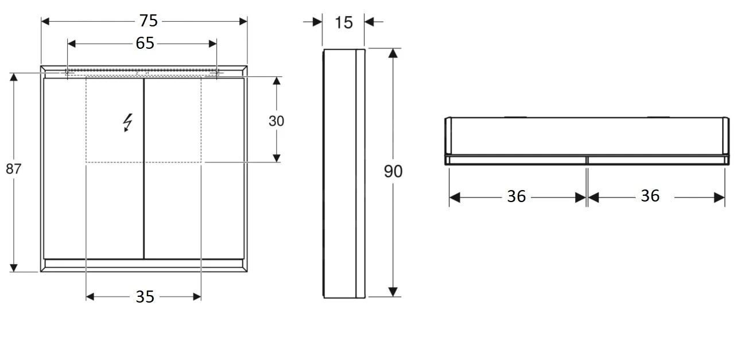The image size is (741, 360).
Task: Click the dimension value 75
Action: click(148, 21)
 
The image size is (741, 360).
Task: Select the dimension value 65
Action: click(145, 43)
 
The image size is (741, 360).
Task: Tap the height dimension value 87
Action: click(13, 169)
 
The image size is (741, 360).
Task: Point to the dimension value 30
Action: click(276, 121)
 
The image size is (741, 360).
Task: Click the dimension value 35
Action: click(145, 297)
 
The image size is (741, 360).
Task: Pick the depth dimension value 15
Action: click(343, 22)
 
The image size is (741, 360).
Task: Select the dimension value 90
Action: click(393, 171)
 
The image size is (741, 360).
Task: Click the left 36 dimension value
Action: click(516, 196)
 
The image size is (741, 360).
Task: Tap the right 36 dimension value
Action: click(650, 196)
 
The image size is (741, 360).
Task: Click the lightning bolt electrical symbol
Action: click(127, 122)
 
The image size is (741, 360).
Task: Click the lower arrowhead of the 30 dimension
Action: click(276, 157)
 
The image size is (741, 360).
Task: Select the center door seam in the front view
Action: click(143, 172)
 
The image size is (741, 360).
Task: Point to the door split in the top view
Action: click(587, 160)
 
